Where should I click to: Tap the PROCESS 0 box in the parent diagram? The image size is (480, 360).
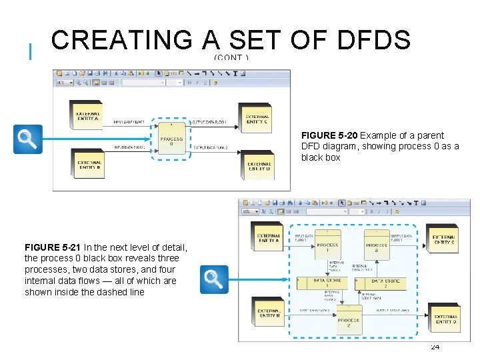(x=171, y=141)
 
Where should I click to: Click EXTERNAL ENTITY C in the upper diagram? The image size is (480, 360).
(x=256, y=119)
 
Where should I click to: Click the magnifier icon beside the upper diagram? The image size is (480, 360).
(x=28, y=139)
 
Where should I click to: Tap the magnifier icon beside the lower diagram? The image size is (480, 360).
(x=214, y=279)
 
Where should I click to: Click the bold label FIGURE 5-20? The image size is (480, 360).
(x=330, y=135)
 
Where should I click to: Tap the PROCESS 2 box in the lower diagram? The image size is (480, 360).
(x=349, y=321)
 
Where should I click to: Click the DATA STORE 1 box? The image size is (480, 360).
(x=327, y=283)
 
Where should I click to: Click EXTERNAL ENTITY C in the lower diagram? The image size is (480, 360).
(x=443, y=239)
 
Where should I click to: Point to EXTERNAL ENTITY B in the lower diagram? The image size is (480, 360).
(x=269, y=313)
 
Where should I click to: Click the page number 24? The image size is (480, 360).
(x=435, y=347)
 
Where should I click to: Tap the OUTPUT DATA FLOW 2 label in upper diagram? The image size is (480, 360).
(x=209, y=147)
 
